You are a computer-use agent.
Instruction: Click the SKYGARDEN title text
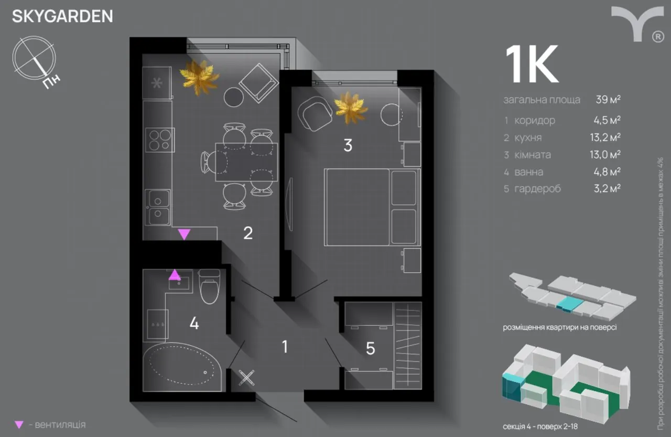(62, 16)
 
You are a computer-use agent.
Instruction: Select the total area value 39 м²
(608, 100)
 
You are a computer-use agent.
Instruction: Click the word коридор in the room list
(535, 120)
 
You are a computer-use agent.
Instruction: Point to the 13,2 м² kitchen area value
(605, 137)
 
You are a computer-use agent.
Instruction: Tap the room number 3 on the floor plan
(348, 146)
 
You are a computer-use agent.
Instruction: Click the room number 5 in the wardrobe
(370, 348)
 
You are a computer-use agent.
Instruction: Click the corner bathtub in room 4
(181, 365)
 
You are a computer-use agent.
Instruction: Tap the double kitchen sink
(158, 207)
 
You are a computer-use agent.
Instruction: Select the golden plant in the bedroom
(351, 108)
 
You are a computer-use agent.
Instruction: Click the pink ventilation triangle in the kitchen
(184, 234)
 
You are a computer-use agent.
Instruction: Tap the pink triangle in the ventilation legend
(19, 424)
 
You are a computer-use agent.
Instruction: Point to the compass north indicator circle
(35, 58)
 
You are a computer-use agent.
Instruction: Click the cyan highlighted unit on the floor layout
(567, 303)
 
